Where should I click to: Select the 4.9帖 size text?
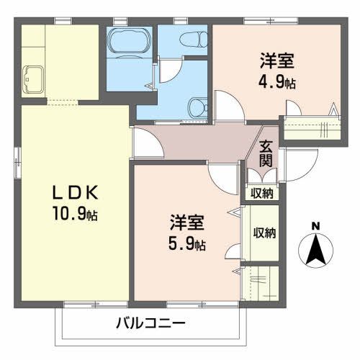coord(276,81)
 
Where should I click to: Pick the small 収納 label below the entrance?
coord(262,193)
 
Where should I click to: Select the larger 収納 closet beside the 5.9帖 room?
coord(264,233)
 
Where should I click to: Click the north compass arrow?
coord(315,248)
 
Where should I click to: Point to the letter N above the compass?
coord(315,226)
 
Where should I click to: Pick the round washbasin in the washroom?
coord(196,107)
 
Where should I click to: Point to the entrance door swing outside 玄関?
coord(297,165)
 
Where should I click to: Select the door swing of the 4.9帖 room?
coord(229,107)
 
